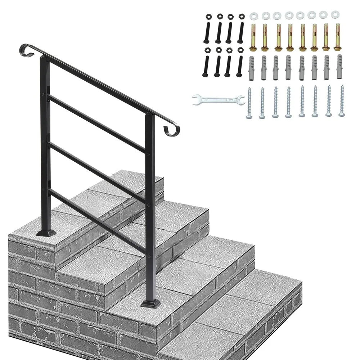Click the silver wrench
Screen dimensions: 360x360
(218, 99)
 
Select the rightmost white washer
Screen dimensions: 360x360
(336, 15)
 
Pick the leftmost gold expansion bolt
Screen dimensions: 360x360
(253, 37)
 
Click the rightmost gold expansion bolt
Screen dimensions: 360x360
(337, 37)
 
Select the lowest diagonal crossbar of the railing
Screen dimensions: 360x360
(97, 221)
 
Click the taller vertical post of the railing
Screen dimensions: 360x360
(44, 144)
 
